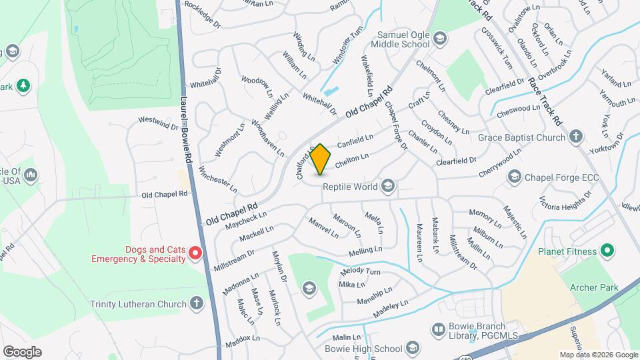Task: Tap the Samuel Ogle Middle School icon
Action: (x=439, y=39)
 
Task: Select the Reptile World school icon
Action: (x=388, y=186)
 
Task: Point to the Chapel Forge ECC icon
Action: (x=514, y=177)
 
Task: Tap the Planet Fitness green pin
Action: (x=607, y=252)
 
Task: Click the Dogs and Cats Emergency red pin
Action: (x=195, y=253)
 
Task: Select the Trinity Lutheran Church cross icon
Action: (x=196, y=304)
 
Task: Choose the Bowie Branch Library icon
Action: (x=438, y=329)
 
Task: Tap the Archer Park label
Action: (x=594, y=287)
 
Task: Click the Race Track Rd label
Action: (x=544, y=100)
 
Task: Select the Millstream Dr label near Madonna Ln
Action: (x=233, y=260)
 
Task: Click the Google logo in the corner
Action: (x=21, y=351)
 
